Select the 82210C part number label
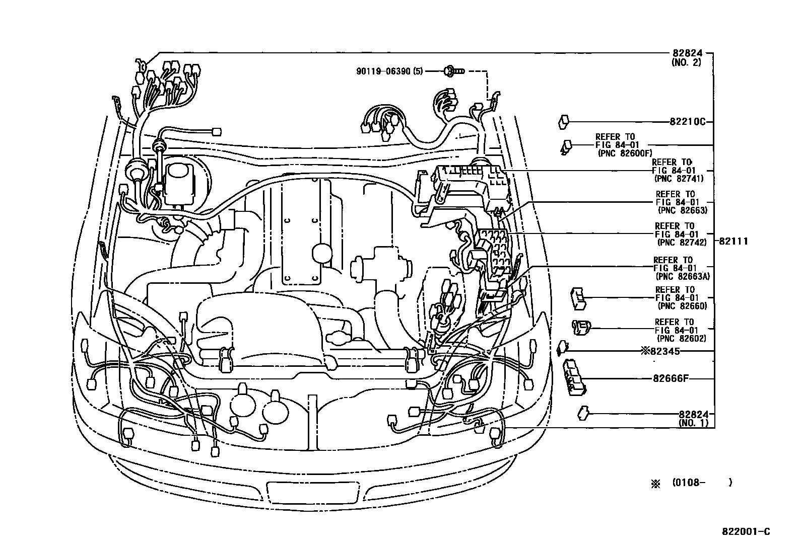[688, 122]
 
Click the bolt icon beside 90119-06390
[450, 71]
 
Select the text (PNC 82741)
[679, 178]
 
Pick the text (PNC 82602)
[682, 338]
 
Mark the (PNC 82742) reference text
[682, 242]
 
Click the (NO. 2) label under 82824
[686, 62]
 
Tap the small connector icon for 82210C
[564, 121]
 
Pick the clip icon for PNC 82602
[580, 327]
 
